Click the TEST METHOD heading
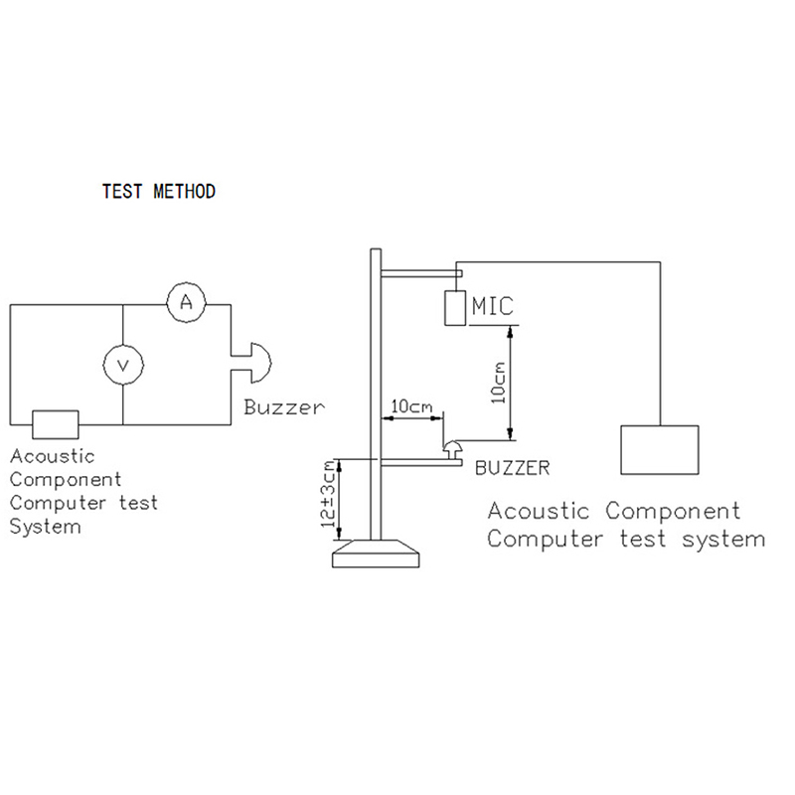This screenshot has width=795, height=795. [x=159, y=192]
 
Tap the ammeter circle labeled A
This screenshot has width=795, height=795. [x=185, y=304]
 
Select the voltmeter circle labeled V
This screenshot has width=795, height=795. [x=123, y=367]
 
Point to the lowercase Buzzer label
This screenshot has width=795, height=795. [x=284, y=407]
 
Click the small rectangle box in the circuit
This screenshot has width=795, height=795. [x=56, y=423]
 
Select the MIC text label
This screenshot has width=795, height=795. [x=494, y=306]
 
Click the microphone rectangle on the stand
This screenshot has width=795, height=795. [x=456, y=308]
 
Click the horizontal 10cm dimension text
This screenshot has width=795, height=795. [x=409, y=406]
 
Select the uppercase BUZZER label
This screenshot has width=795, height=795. [x=512, y=466]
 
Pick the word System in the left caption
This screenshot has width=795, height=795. [x=45, y=527]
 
